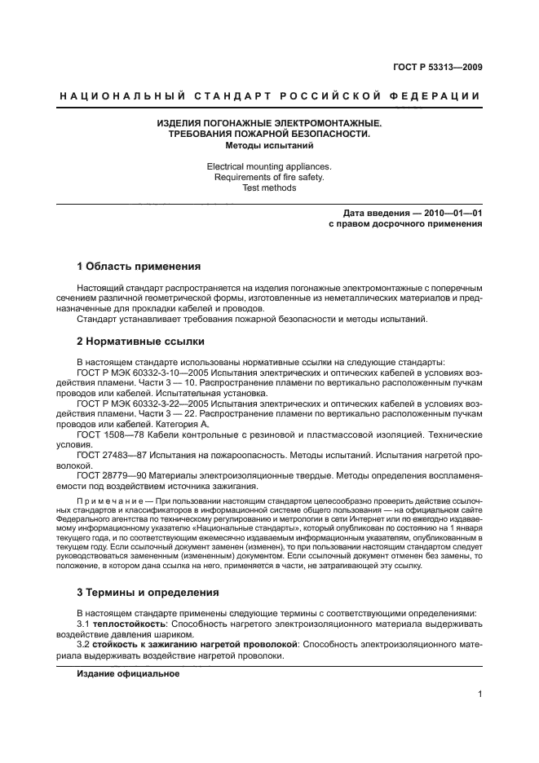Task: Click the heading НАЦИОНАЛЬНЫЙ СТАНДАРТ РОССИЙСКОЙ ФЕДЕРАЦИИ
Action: pyautogui.click(x=269, y=97)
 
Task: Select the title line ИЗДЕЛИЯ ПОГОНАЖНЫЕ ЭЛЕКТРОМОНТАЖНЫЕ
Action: pyautogui.click(x=269, y=123)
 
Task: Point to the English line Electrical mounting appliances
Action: pyautogui.click(x=269, y=166)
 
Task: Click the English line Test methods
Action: pyautogui.click(x=269, y=188)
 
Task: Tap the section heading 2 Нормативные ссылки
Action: pyautogui.click(x=139, y=341)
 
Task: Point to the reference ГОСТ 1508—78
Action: pyautogui.click(x=105, y=435)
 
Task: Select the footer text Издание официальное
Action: pyautogui.click(x=128, y=674)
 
